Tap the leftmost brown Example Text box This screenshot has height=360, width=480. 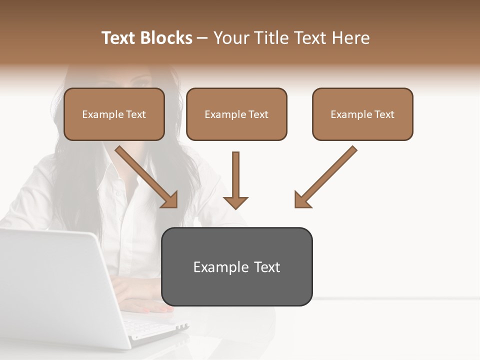point(114,114)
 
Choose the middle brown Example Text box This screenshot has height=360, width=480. point(236,114)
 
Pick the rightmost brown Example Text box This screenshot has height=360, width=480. point(362,114)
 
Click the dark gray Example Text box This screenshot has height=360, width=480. point(236,266)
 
